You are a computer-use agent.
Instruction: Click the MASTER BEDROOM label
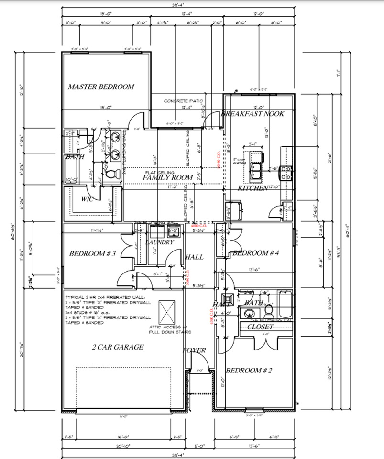coord(100,87)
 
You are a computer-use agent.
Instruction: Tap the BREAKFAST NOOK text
coord(252,114)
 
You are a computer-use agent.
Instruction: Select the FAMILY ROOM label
coord(167,177)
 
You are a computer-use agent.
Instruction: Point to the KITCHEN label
coord(252,189)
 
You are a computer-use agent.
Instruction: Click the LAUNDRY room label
coord(160,242)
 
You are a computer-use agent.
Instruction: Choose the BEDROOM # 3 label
coord(93,253)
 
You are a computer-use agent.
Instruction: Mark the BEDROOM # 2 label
coord(249,371)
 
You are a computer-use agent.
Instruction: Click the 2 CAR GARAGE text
coord(118,347)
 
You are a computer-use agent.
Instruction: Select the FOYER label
coord(195,350)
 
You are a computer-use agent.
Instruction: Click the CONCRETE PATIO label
coord(184,101)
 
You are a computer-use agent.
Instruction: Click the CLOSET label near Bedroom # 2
coord(260,327)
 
